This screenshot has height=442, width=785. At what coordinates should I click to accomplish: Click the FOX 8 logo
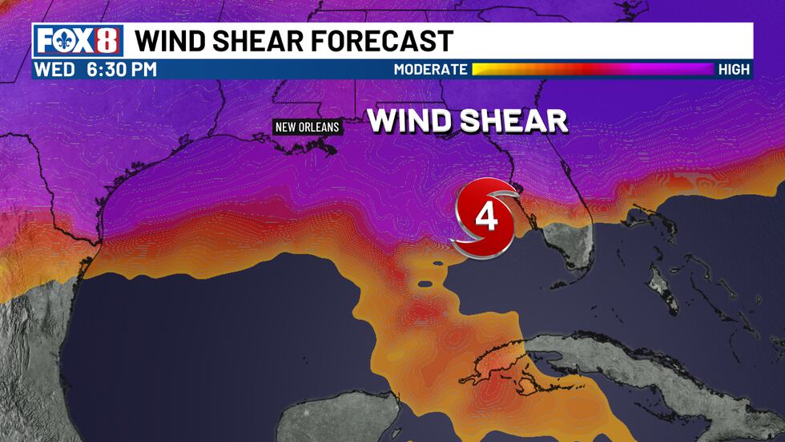tap(78, 41)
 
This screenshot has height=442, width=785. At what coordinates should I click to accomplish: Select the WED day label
tap(54, 70)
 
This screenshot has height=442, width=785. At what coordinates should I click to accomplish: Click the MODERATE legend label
tap(430, 70)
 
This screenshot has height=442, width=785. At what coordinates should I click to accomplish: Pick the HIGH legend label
tap(734, 70)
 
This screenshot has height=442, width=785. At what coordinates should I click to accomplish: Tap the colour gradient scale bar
tap(593, 70)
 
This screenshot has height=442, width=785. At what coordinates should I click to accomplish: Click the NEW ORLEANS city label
tap(307, 127)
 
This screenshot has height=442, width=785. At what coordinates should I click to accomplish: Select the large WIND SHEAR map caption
tap(468, 122)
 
